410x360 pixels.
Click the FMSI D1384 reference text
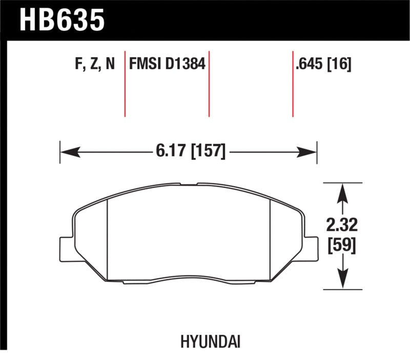(167, 65)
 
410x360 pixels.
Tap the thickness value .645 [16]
(323, 65)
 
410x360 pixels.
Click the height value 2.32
(342, 224)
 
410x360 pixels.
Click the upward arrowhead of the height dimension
(342, 192)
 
